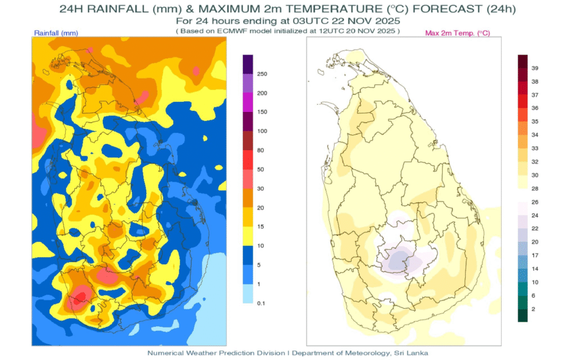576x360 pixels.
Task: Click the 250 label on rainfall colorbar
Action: (262, 74)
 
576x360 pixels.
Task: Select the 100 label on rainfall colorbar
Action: (262, 131)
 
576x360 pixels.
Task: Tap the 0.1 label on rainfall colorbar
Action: (262, 303)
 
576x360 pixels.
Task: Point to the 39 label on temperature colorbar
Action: (535, 68)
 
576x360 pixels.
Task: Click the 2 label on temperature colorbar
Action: (534, 309)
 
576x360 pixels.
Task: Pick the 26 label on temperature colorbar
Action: (535, 202)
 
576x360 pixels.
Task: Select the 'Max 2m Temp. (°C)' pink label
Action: (457, 33)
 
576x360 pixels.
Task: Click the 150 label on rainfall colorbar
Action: (262, 112)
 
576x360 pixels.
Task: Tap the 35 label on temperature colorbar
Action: (535, 121)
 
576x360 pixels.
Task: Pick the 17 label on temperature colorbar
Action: (535, 255)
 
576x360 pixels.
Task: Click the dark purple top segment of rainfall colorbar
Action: (247, 64)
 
